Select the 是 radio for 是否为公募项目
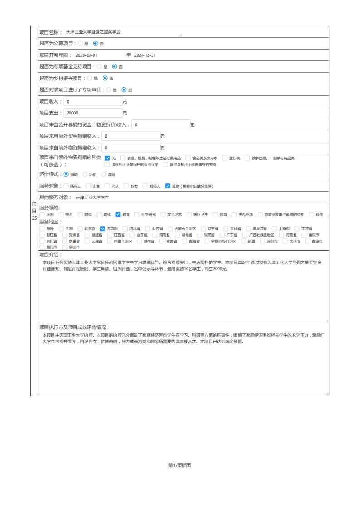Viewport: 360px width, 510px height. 80,44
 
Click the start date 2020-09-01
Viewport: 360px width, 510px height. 86,55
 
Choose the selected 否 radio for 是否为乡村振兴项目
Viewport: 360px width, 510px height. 105,78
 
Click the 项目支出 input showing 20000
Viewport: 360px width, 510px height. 93,113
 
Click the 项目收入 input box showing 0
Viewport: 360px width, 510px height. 93,101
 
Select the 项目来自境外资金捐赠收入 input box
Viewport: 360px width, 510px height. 131,136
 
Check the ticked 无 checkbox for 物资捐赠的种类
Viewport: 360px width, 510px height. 108,158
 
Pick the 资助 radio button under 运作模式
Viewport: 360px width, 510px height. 66,174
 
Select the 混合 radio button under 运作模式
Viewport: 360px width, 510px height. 104,174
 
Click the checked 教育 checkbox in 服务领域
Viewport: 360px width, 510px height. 118,214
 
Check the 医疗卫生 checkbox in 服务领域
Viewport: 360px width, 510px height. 189,214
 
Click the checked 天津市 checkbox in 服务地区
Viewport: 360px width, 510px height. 103,228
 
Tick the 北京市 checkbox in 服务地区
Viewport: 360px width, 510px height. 80,228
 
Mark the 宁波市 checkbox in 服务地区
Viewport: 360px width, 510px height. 65,248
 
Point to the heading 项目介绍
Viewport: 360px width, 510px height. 51,255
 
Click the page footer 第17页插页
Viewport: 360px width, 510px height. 180,465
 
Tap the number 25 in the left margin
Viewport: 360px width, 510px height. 34,218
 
